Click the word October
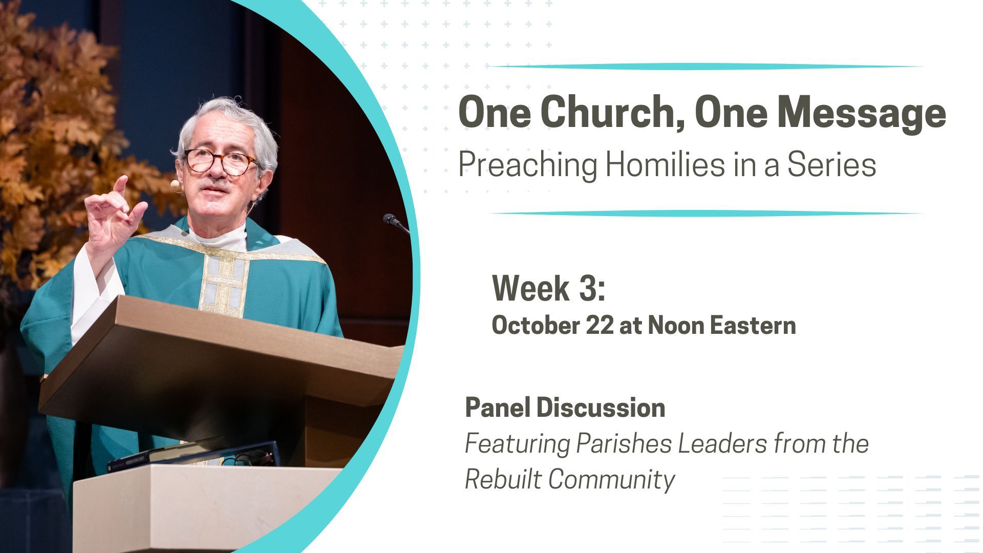[536, 326]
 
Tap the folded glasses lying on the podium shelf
[251, 457]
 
